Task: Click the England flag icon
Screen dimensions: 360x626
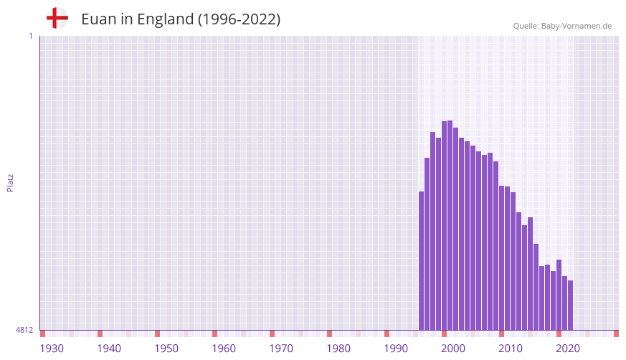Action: point(57,19)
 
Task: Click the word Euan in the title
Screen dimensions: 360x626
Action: point(97,19)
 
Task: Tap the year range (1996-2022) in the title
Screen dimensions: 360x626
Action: point(239,19)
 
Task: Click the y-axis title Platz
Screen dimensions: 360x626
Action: point(10,182)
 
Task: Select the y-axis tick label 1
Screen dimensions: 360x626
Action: point(30,36)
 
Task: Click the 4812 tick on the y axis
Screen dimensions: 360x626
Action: point(24,330)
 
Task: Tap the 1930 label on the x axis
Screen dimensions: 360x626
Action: point(52,349)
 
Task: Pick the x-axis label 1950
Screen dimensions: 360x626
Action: point(166,349)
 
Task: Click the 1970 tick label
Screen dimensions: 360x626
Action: point(281,349)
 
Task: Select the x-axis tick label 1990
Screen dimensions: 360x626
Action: point(396,349)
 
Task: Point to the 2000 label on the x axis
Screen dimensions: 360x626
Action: point(453,349)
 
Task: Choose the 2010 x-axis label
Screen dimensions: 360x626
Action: point(511,349)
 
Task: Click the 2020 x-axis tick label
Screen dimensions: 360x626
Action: point(568,349)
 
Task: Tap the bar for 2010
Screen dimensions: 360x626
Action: point(502,257)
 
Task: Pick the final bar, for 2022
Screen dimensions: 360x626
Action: point(571,305)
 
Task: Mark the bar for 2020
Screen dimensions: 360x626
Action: point(559,295)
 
